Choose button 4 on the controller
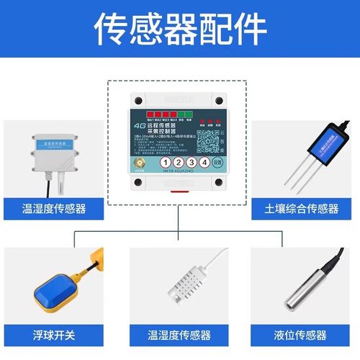tap(206, 163)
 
